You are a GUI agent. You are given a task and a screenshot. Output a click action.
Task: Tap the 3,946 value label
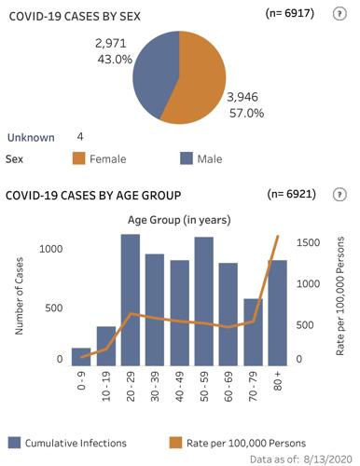click(x=246, y=96)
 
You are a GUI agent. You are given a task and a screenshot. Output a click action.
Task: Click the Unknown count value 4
click(x=80, y=136)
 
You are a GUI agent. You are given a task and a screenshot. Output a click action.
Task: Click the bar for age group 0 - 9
click(x=81, y=353)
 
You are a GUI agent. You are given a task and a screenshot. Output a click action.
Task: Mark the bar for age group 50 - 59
click(x=202, y=298)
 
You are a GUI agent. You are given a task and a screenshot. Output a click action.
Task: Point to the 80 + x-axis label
click(x=276, y=382)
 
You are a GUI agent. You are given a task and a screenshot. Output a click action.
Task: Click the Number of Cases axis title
click(x=19, y=299)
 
